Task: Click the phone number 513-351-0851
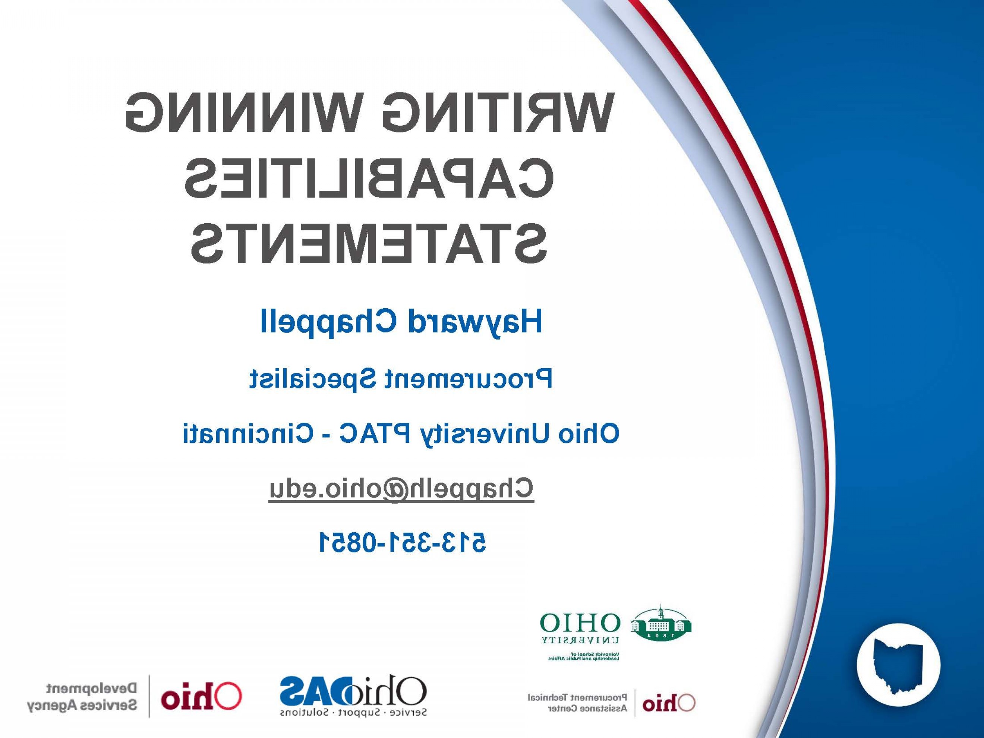[403, 542]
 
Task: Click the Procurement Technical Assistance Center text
[577, 703]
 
